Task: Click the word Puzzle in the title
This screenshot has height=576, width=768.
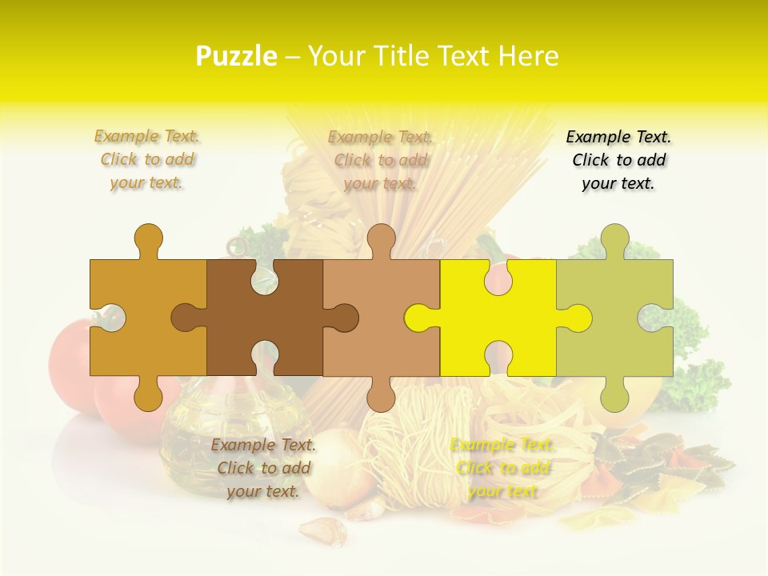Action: point(237,57)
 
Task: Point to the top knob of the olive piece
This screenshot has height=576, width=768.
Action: point(614,239)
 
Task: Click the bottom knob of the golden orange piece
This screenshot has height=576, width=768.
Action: point(148,394)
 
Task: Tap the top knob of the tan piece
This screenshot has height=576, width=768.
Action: point(381,239)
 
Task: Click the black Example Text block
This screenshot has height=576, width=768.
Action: point(618,160)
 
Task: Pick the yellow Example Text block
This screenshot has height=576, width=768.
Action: point(502,468)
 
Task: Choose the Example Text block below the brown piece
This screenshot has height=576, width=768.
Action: point(263,468)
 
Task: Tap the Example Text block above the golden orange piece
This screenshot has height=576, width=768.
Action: point(147,160)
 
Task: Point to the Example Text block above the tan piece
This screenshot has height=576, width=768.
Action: point(381,160)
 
